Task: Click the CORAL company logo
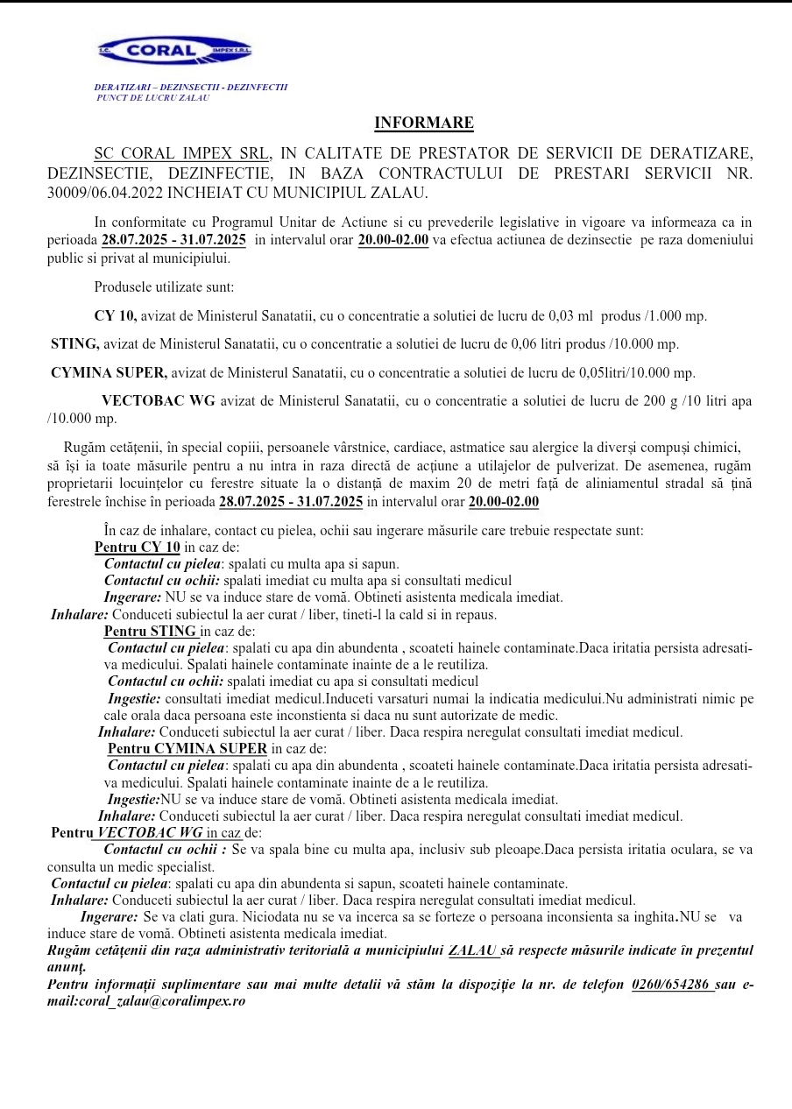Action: click(175, 52)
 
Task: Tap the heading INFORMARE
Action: click(424, 123)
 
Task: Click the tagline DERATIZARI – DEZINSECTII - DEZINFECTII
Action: click(191, 88)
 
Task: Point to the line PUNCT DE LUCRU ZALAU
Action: click(152, 97)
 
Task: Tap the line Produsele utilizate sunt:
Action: click(164, 286)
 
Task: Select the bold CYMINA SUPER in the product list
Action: click(109, 372)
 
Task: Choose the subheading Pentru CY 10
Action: click(138, 547)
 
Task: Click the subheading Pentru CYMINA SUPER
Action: click(187, 748)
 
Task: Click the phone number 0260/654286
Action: click(671, 985)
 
